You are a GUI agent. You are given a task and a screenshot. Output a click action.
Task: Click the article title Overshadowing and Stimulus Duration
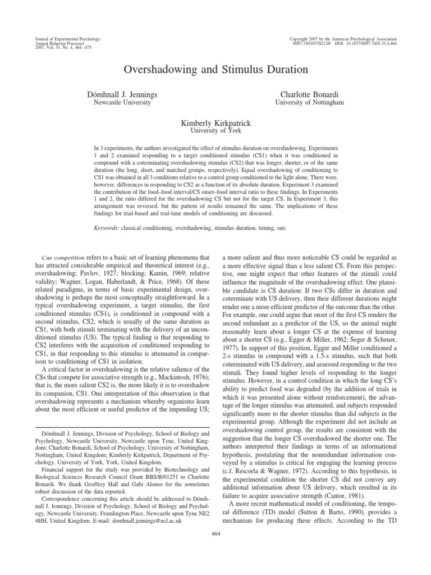click(215, 70)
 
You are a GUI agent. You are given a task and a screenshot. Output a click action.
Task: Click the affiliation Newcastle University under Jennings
click(121, 102)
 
